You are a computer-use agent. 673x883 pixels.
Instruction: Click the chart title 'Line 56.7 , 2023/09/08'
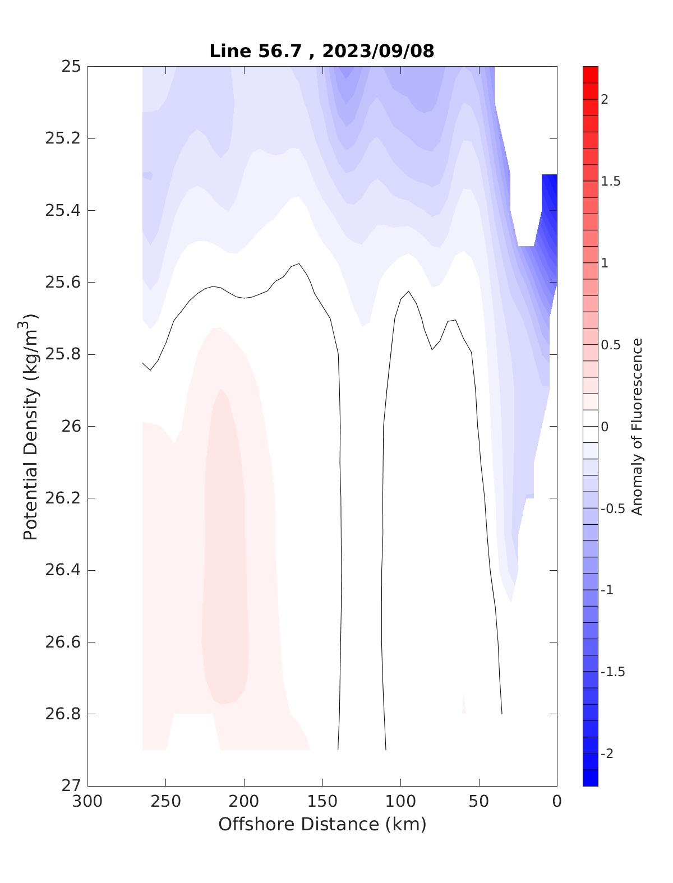321,51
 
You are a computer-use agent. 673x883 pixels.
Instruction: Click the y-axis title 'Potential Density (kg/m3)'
31,426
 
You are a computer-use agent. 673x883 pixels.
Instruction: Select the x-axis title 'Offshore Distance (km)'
322,824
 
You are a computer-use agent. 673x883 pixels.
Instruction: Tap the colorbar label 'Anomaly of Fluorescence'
637,426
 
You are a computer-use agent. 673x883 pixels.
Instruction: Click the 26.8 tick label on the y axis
62,714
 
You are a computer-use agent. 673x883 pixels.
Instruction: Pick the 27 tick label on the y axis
71,786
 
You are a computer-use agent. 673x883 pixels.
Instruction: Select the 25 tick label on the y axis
71,67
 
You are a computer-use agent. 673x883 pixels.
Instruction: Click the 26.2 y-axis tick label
62,498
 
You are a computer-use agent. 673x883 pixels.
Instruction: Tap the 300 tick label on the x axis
88,802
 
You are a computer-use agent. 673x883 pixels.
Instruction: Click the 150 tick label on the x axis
322,802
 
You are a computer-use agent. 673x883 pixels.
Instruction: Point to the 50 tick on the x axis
479,802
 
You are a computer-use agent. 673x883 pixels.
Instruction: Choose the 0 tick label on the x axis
557,802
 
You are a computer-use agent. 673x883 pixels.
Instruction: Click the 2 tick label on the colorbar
605,100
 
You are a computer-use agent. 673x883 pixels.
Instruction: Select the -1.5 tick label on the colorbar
612,672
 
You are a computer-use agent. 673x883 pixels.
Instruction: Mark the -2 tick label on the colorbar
606,753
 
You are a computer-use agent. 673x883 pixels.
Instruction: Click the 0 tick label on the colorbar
605,427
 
